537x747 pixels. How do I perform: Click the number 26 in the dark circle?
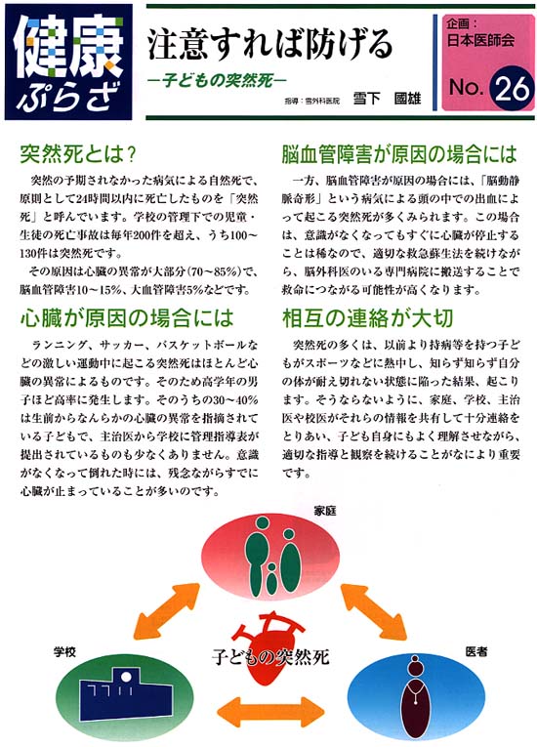point(512,89)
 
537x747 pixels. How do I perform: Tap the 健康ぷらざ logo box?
point(68,62)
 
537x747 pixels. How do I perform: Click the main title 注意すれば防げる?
point(269,44)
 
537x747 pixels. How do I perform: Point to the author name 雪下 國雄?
point(387,99)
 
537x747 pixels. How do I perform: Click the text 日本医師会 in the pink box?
point(480,40)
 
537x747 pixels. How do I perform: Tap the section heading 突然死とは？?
point(79,155)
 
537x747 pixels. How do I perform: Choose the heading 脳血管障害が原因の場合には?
point(399,154)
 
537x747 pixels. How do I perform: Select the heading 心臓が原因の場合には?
point(127,318)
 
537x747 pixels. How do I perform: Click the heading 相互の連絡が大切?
point(367,318)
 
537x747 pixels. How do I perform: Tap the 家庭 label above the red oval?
point(324,511)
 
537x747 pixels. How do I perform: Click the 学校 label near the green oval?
point(64,651)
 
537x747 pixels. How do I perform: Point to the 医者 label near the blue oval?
point(476,651)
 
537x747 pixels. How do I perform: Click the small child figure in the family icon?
point(271,578)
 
